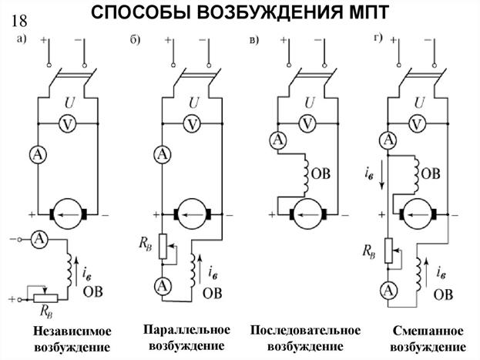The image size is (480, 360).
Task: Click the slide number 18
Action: tap(19, 21)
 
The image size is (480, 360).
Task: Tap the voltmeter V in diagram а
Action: tap(67, 124)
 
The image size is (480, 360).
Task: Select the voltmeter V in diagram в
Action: tap(307, 124)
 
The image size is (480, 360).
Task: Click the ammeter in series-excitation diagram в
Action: tap(278, 140)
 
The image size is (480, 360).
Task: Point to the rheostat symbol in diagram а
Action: tap(45, 298)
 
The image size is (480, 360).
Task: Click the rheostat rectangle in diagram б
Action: tap(163, 247)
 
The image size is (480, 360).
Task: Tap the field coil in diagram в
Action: tap(306, 174)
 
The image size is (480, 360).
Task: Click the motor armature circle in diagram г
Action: tap(418, 215)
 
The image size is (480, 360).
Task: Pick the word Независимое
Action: tap(72, 331)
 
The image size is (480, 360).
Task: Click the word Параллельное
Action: tap(186, 330)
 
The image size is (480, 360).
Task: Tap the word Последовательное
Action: tap(305, 331)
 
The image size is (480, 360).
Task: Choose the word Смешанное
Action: tap(428, 331)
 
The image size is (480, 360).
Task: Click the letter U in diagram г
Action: tap(419, 103)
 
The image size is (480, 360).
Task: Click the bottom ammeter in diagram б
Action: tap(163, 285)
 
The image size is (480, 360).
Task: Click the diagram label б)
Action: tap(135, 39)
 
